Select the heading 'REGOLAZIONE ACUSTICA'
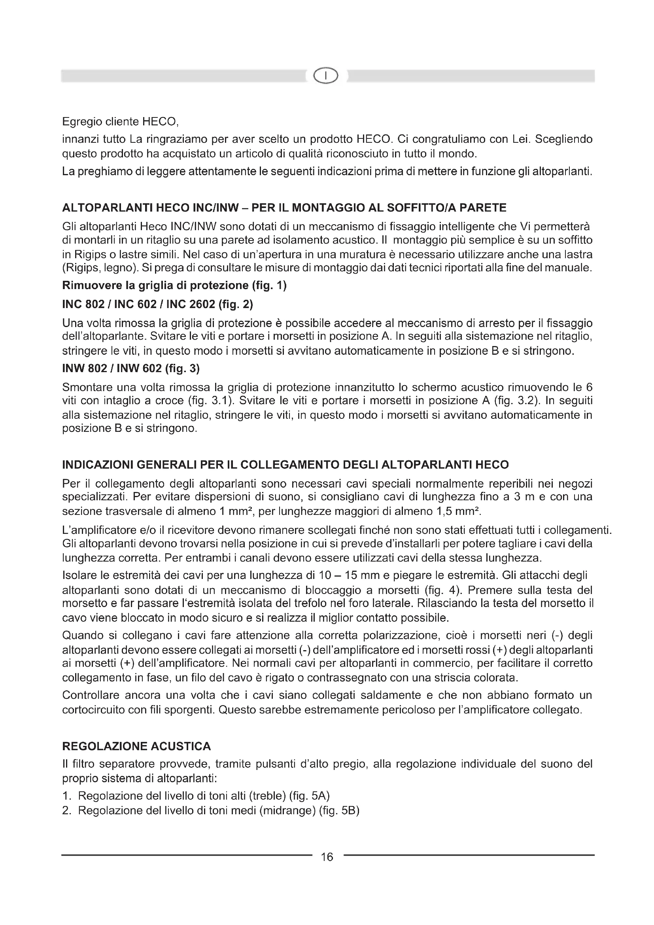pos(136,746)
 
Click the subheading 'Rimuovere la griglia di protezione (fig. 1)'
pos(174,286)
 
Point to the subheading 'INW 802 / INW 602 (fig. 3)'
pos(131,368)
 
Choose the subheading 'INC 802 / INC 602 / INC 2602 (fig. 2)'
pos(157,304)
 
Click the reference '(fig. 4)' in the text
pos(440,590)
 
